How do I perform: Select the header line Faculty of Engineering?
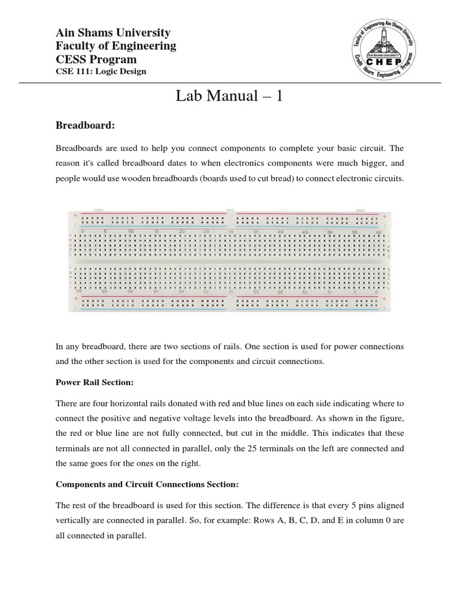[x=116, y=46]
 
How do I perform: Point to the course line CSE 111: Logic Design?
[x=101, y=72]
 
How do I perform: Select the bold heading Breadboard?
[x=84, y=125]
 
